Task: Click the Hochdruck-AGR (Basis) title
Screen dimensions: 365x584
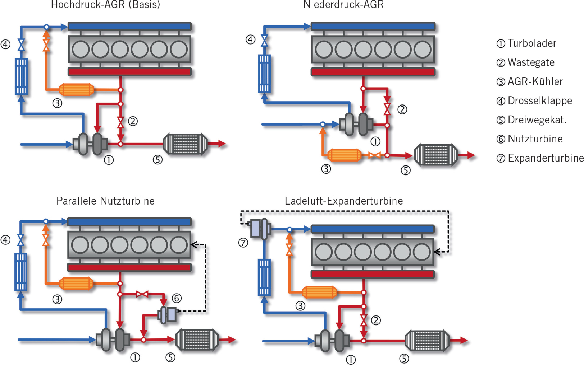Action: (105, 5)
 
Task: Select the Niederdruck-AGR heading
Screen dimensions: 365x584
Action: (343, 5)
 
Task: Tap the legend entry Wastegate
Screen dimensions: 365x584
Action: (530, 62)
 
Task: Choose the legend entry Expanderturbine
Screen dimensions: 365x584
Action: (545, 158)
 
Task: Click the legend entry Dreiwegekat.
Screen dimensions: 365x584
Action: (537, 120)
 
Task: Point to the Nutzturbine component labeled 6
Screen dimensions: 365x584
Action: (167, 315)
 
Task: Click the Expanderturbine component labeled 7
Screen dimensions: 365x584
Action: (260, 228)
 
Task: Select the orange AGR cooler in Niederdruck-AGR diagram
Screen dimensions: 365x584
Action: (344, 155)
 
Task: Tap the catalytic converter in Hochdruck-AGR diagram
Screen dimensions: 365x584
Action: (185, 144)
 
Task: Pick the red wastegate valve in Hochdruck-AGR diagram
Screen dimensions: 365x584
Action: (120, 122)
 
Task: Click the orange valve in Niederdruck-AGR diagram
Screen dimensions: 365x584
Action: (374, 155)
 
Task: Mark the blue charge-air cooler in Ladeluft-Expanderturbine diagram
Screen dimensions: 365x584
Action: (264, 277)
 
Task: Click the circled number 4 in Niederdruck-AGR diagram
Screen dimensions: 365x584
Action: (250, 39)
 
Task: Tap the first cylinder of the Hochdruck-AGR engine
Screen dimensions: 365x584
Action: (81, 49)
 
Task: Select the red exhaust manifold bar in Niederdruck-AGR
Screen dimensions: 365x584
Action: (373, 72)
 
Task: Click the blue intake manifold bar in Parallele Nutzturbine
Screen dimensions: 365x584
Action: (129, 222)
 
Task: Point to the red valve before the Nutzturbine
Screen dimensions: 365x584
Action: (142, 294)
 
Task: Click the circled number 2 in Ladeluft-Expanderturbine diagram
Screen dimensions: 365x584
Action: (376, 320)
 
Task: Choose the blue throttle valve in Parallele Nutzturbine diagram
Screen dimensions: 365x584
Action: (21, 240)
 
